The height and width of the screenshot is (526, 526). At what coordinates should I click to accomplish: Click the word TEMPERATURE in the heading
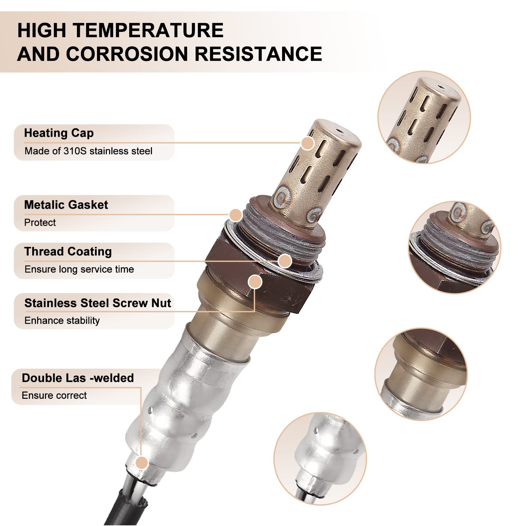point(148,30)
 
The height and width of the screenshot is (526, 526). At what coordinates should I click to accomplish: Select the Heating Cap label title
point(59,133)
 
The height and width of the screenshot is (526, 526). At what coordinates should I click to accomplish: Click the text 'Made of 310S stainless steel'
point(88,151)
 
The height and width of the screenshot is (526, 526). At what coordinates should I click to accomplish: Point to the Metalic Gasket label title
point(66,205)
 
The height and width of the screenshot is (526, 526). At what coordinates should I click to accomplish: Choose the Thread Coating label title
point(68,251)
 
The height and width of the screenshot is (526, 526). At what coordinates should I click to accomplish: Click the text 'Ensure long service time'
point(79,269)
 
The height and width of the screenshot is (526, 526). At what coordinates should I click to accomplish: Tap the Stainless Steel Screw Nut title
point(98,303)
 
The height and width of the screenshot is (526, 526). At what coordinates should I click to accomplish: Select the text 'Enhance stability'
point(62,321)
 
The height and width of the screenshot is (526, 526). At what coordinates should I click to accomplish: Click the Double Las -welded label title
point(78,378)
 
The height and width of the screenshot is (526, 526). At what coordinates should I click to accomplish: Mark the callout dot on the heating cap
point(308,143)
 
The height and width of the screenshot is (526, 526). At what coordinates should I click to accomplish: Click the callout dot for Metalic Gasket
point(236,215)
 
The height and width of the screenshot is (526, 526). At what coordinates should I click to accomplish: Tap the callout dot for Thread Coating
point(285,261)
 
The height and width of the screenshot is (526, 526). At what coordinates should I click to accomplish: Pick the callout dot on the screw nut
point(255,282)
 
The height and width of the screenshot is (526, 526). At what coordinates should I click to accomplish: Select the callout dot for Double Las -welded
point(142,463)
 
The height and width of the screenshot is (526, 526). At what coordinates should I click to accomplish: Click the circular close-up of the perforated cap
point(424,117)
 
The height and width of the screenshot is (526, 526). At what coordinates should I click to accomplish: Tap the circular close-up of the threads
point(455,247)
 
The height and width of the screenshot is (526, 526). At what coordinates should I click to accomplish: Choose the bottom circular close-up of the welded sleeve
point(320,459)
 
